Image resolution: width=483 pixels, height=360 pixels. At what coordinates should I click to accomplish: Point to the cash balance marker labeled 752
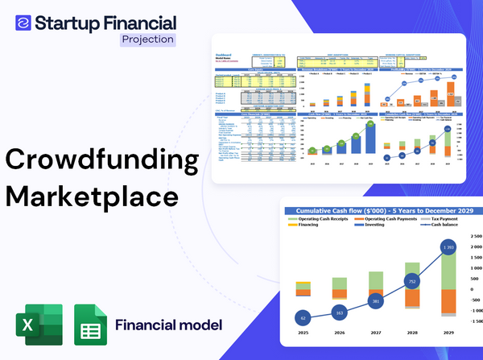point(413,282)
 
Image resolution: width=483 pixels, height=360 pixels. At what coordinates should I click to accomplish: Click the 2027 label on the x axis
point(376,330)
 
